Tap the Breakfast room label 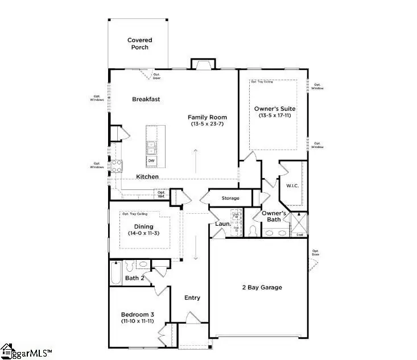(x=146, y=99)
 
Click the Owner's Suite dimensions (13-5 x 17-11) (x=273, y=116)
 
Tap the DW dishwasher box (x=151, y=161)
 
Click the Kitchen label (x=147, y=177)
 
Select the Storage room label (x=224, y=198)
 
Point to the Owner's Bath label (x=274, y=217)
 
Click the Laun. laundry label (x=222, y=224)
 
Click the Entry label (x=192, y=297)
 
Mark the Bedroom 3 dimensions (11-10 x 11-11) (x=137, y=322)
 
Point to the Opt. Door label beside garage (x=316, y=252)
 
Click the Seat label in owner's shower (x=299, y=234)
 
